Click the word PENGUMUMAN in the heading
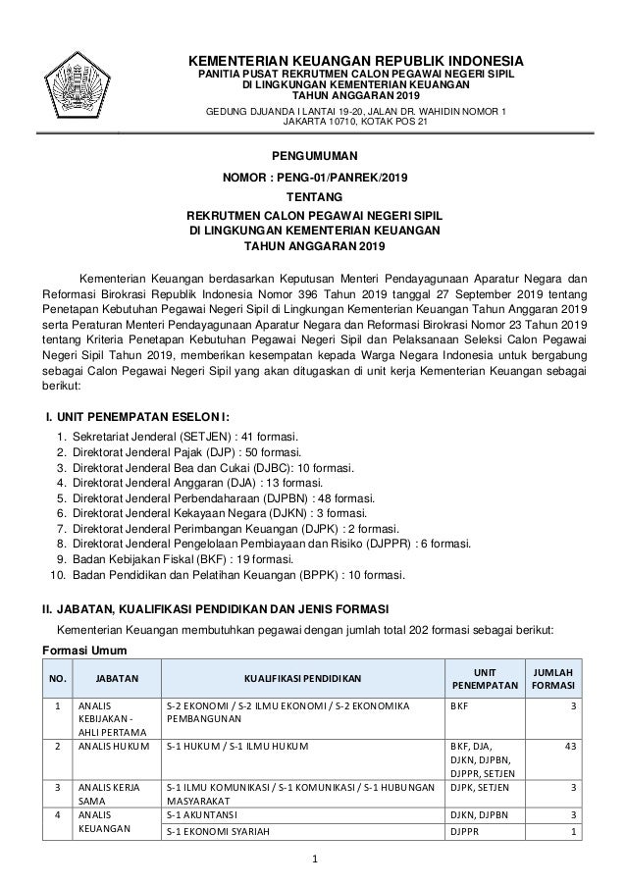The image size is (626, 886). point(313,156)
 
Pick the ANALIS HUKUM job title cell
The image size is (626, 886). point(110,751)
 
